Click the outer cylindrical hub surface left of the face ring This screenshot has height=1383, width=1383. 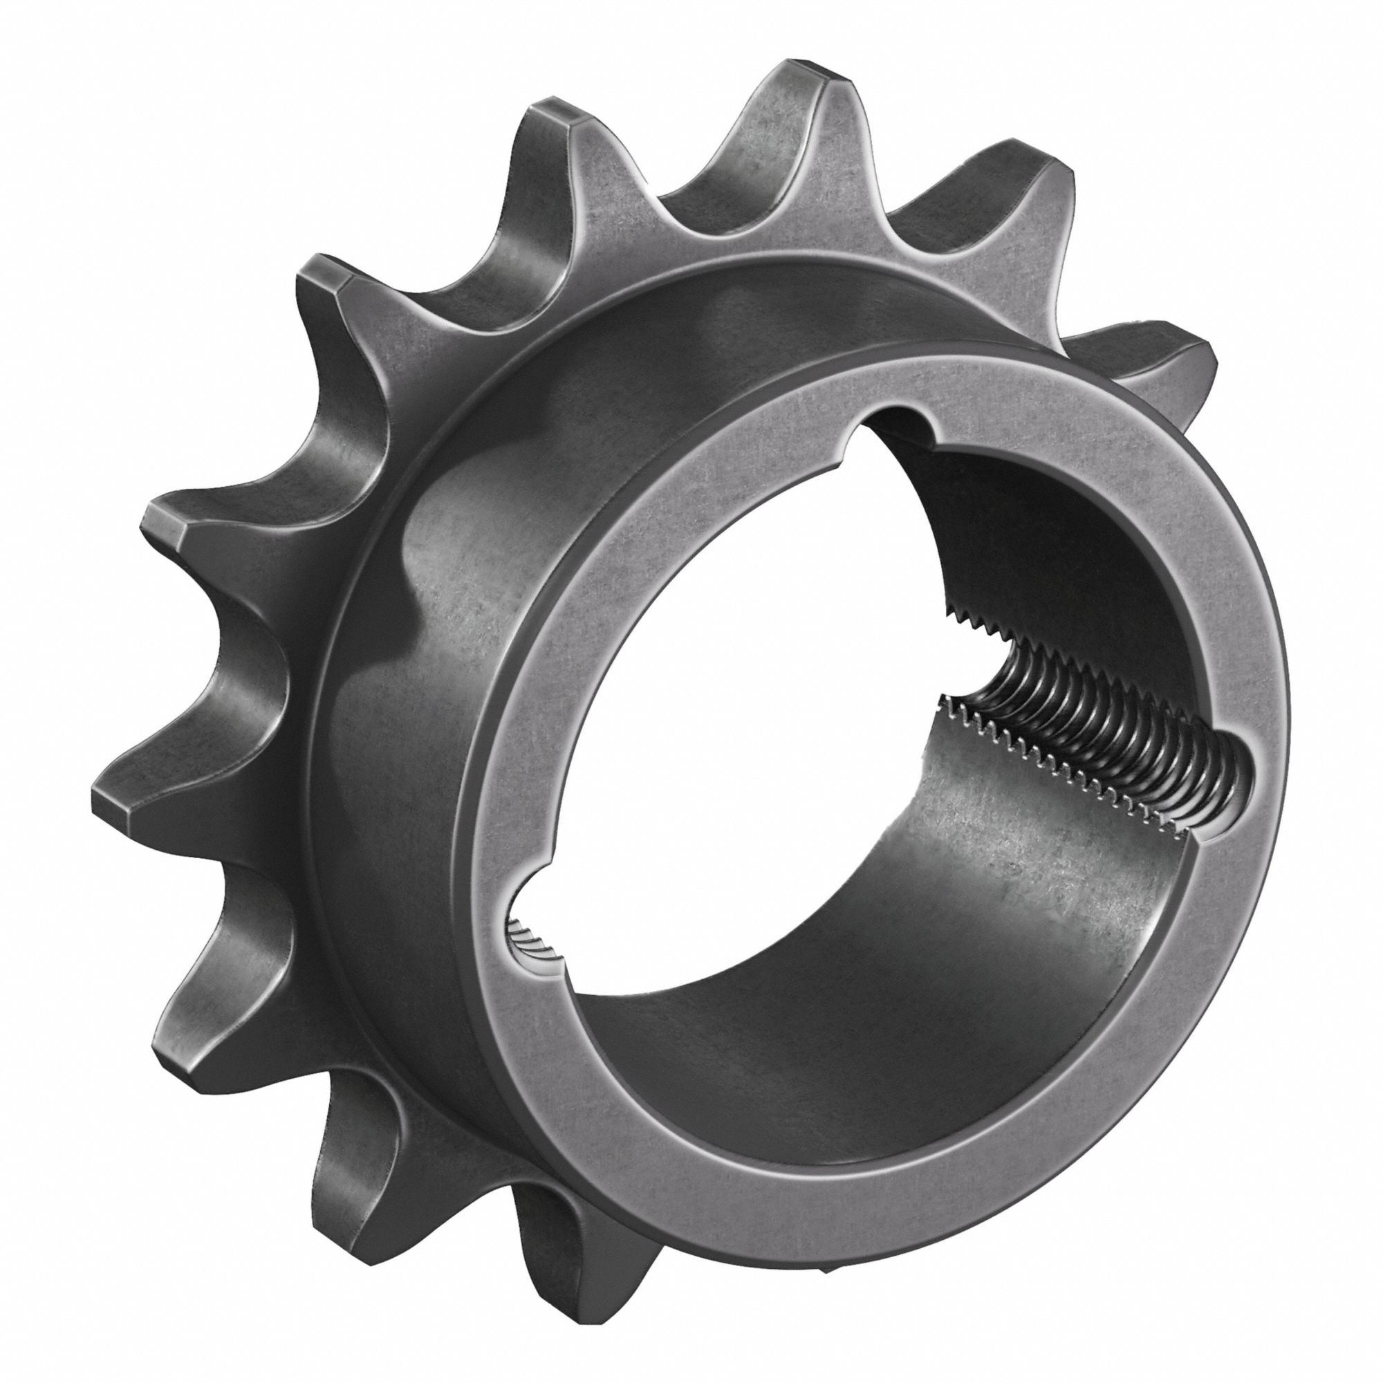pos(401,716)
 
